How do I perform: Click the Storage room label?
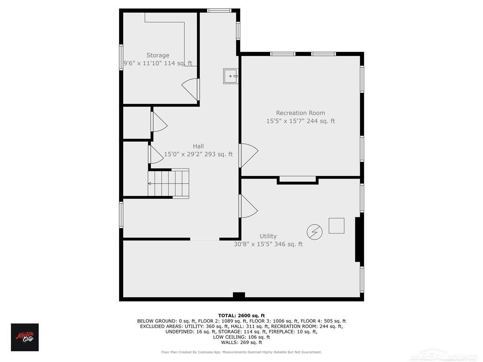tap(158, 55)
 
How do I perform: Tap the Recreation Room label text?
tap(300, 113)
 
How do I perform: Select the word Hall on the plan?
tap(198, 146)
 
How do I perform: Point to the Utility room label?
tap(268, 236)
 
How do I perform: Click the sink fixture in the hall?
tap(230, 76)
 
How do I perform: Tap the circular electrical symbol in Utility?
tap(314, 232)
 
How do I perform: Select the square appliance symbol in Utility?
tap(336, 226)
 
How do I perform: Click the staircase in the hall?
tap(168, 183)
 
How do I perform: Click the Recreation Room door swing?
tap(249, 155)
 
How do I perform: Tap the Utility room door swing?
tap(248, 206)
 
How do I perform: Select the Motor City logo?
tap(25, 337)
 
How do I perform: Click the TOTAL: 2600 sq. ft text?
tap(242, 316)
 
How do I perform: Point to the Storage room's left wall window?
tap(121, 58)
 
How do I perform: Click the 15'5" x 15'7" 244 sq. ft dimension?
tap(301, 121)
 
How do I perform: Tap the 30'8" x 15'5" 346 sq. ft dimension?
tap(268, 244)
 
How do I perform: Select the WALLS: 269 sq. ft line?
tap(242, 342)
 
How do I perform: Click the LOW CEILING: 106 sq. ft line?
tap(242, 337)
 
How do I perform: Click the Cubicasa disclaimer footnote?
tap(242, 352)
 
